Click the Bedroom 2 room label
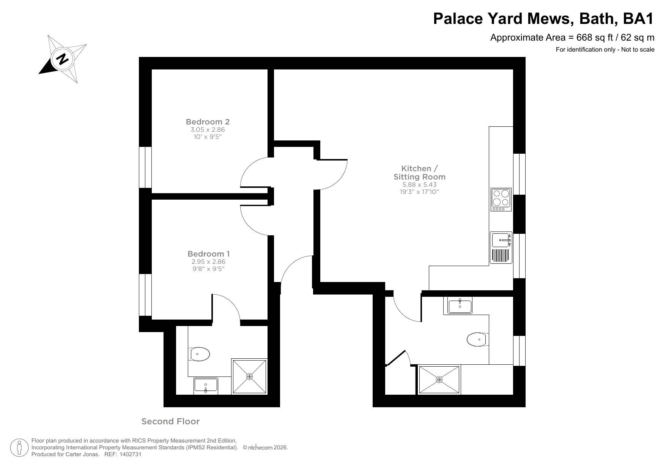[208, 122]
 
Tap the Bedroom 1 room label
[208, 254]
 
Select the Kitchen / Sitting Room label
[419, 173]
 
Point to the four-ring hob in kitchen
[501, 200]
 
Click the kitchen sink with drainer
[501, 247]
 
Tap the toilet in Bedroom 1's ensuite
[200, 354]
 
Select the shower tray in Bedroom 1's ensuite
[249, 376]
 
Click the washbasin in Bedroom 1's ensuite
[206, 385]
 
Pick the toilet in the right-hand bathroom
[477, 339]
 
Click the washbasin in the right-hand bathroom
[460, 306]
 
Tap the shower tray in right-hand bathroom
[439, 379]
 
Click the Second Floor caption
[170, 421]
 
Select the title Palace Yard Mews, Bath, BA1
[543, 19]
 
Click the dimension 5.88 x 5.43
[419, 185]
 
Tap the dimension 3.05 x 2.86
[208, 130]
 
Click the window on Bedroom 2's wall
[145, 167]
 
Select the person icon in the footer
[19, 448]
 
